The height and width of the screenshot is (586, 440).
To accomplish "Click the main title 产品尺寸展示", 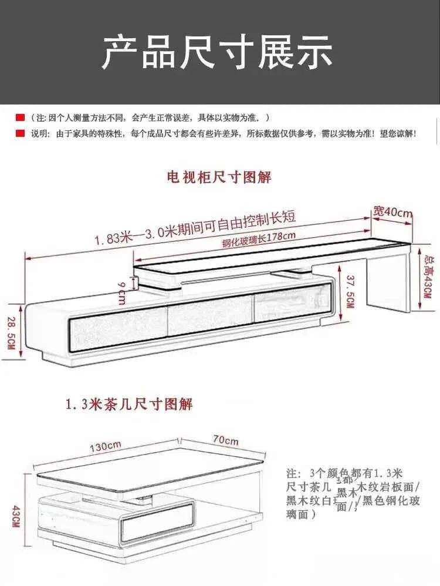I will pyautogui.click(x=218, y=52).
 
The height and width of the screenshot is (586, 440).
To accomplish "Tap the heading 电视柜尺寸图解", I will pyautogui.click(x=219, y=177).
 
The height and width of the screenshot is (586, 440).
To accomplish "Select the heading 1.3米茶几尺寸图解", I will pyautogui.click(x=129, y=404).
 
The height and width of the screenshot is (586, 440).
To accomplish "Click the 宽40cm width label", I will pyautogui.click(x=392, y=213).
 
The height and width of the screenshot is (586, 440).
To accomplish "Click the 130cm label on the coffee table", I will pyautogui.click(x=106, y=447).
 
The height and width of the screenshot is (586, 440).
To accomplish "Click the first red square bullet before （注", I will pyautogui.click(x=20, y=118).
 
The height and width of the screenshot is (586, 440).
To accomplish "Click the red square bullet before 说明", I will pyautogui.click(x=20, y=134).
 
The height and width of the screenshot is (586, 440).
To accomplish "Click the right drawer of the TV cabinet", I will pyautogui.click(x=290, y=308).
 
